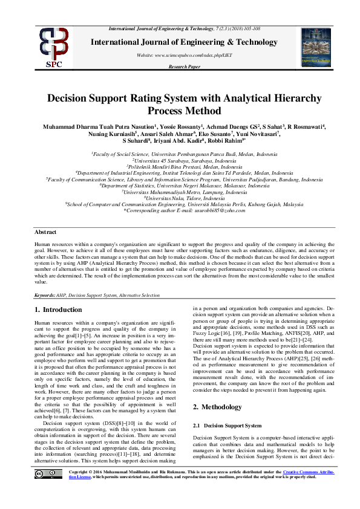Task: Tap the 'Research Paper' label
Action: pos(185,66)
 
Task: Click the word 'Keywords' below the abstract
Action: pos(44,296)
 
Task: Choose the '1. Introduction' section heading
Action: pos(58,310)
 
